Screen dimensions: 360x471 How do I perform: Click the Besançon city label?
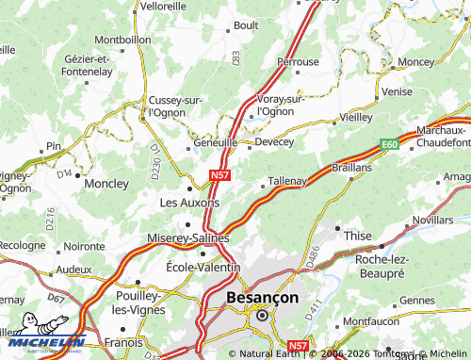pyautogui.click(x=263, y=298)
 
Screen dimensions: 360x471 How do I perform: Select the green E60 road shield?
pyautogui.click(x=389, y=143)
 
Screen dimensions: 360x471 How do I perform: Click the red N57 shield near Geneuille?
pyautogui.click(x=219, y=174)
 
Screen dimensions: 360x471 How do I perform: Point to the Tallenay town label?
pyautogui.click(x=288, y=180)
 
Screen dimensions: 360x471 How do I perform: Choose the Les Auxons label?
pyautogui.click(x=189, y=202)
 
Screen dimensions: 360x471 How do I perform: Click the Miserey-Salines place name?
pyautogui.click(x=189, y=237)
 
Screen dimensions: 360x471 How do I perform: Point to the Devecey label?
pyautogui.click(x=274, y=142)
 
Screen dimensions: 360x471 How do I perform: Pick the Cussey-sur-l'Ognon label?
pyautogui.click(x=176, y=106)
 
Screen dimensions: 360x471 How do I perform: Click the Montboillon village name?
pyautogui.click(x=122, y=41)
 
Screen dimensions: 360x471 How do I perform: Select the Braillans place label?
pyautogui.click(x=351, y=166)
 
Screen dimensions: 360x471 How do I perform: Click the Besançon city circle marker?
pyautogui.click(x=262, y=317)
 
